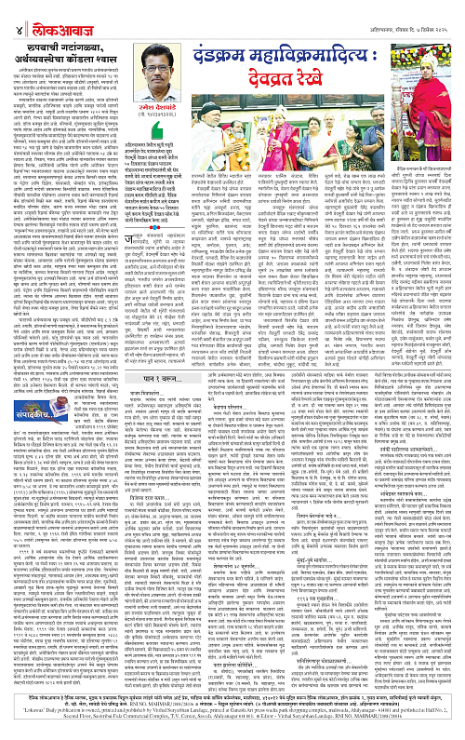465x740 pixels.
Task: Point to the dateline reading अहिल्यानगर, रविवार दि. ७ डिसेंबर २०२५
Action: point(409,11)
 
